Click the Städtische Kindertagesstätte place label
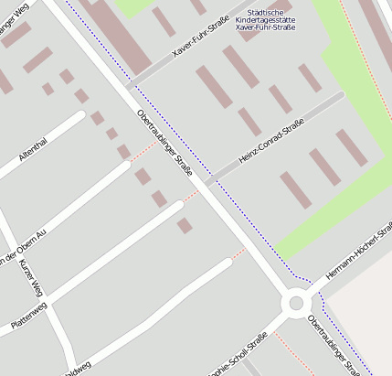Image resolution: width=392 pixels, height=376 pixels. point(265,19)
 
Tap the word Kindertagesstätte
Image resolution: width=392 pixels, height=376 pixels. point(265,19)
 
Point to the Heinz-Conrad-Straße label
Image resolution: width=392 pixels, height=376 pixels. point(270,146)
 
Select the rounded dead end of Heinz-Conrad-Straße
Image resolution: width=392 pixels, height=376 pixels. point(340,94)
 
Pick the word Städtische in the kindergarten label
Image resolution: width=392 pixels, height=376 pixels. point(265,11)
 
